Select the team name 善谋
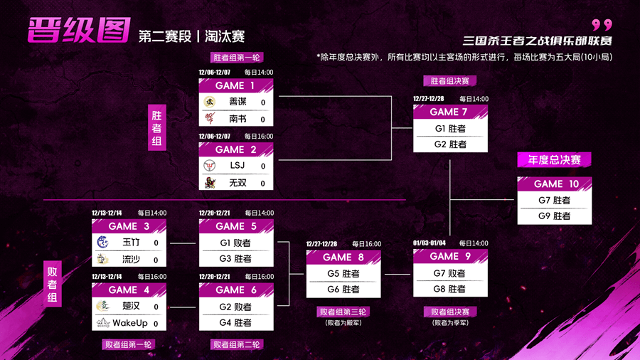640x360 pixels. click(x=238, y=102)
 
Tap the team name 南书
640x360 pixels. click(x=238, y=119)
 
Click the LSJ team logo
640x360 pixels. click(x=210, y=166)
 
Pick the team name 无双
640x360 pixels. click(x=238, y=183)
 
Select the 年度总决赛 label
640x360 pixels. click(x=554, y=160)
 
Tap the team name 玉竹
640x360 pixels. click(x=131, y=243)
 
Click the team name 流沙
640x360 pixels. click(x=131, y=259)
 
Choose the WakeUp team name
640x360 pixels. click(x=131, y=323)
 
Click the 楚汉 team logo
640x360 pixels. click(x=103, y=307)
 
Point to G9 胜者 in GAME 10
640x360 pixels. click(x=555, y=216)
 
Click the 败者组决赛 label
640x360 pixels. click(x=450, y=312)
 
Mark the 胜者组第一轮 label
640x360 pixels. click(x=237, y=58)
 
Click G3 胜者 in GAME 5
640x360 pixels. click(x=235, y=259)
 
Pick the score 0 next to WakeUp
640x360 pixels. click(x=156, y=324)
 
